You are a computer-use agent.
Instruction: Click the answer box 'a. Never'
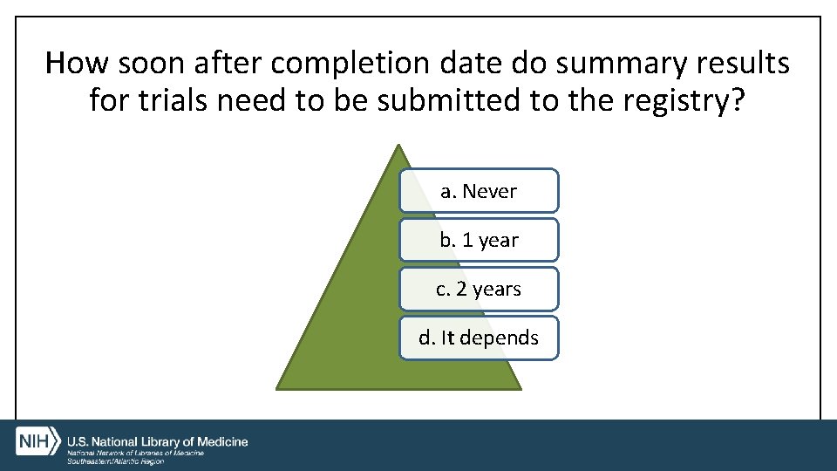point(479,191)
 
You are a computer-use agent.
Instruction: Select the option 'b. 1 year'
point(479,240)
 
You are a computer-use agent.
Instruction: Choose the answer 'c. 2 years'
point(479,289)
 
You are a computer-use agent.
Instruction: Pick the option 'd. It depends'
point(479,338)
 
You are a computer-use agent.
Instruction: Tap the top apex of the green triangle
point(398,147)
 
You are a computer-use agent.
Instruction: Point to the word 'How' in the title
point(78,64)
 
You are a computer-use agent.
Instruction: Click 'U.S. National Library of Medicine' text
point(158,442)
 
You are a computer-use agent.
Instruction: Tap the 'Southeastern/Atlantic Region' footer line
point(116,461)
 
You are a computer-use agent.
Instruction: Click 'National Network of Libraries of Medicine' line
point(136,453)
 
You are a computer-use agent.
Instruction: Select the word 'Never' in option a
point(490,191)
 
